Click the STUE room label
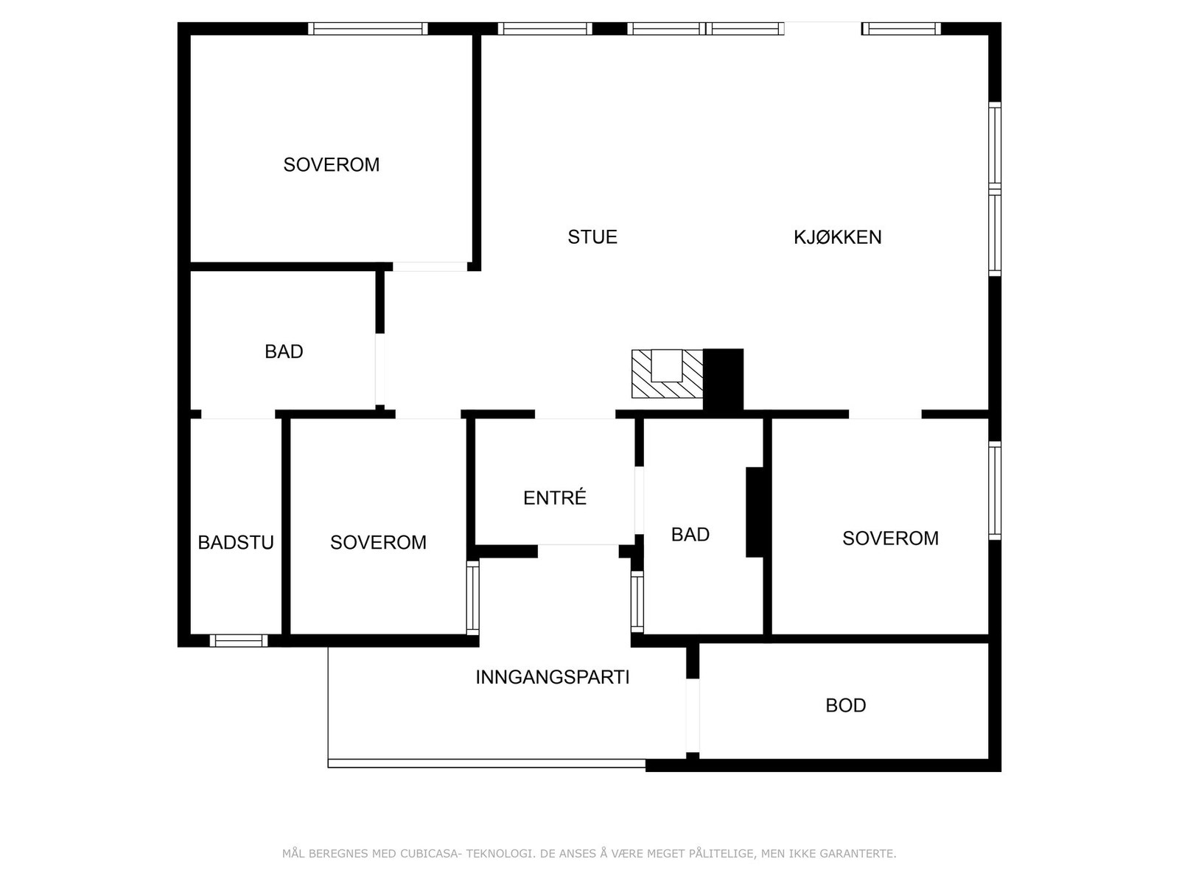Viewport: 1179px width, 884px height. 592,237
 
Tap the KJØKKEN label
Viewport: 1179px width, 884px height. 837,237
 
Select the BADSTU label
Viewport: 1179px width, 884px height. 236,543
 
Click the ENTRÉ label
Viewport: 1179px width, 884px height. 555,498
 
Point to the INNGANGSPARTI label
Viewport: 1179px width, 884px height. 552,677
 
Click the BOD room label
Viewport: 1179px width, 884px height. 845,706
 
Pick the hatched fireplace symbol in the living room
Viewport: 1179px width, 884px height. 667,374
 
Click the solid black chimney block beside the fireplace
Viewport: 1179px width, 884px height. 723,379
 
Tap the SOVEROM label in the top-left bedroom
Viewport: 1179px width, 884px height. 331,165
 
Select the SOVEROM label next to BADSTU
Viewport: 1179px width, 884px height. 378,543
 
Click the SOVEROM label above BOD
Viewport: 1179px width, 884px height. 890,539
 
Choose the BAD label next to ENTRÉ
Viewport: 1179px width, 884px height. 690,535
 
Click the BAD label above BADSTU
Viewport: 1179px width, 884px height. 284,352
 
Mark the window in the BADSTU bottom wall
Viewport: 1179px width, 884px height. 238,640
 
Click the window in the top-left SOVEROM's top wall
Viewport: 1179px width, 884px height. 367,29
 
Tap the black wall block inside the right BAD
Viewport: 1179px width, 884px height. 755,512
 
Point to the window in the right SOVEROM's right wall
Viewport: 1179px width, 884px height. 994,491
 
